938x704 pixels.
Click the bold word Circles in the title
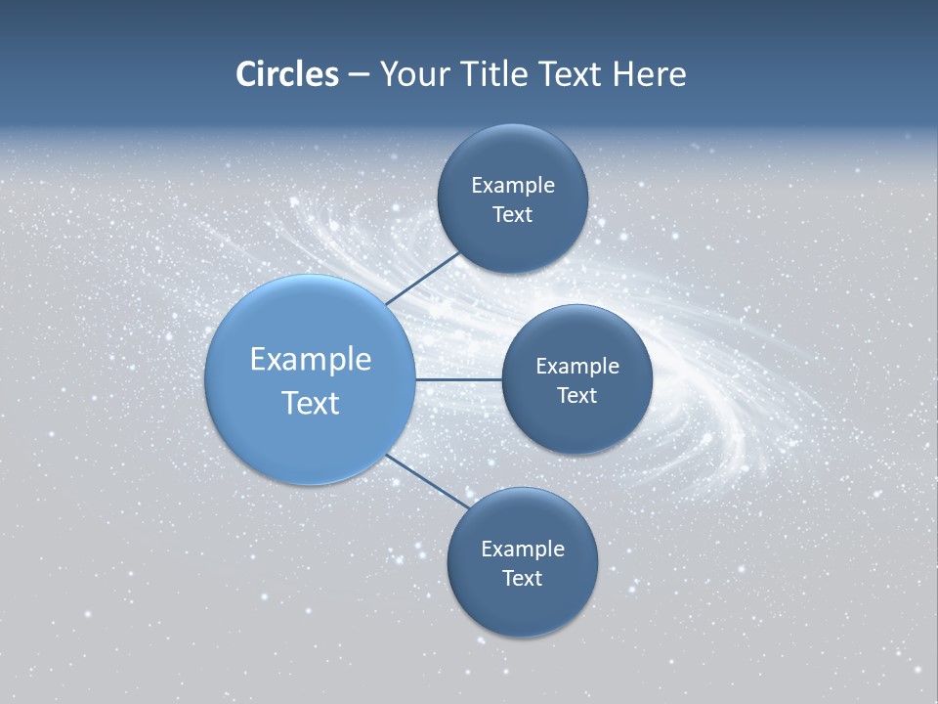coord(287,74)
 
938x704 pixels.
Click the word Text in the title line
coord(572,74)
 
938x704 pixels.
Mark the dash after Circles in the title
coord(359,75)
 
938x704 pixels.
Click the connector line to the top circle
coord(423,278)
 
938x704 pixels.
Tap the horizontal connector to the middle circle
coord(458,379)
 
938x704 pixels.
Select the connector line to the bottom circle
coord(427,482)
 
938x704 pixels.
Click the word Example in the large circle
coord(310,359)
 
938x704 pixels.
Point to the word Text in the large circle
coord(310,403)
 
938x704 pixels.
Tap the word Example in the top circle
coord(512,185)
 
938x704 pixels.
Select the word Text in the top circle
coord(512,214)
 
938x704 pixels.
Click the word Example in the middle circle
coord(576,366)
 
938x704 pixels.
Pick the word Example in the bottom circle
coord(522,549)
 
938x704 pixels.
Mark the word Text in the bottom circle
coord(522,578)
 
